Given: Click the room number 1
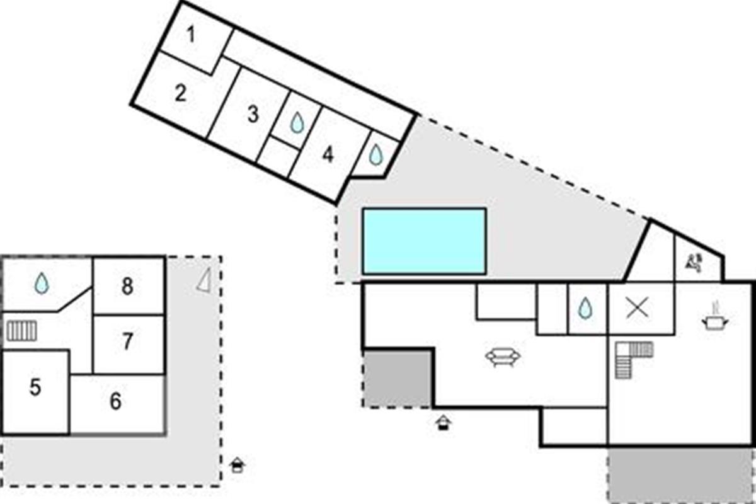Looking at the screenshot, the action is tap(191, 35).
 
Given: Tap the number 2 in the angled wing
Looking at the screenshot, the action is tap(181, 93).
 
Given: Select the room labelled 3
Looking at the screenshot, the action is tap(253, 114).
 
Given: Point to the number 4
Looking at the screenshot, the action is tap(328, 155).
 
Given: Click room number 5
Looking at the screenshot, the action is tap(35, 387).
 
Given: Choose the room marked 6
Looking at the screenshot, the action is tap(115, 401).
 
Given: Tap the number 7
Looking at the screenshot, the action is tap(127, 341).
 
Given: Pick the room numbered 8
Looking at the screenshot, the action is tap(127, 286).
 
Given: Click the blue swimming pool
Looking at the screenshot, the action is tap(424, 241).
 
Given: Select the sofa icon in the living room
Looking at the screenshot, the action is tap(503, 357).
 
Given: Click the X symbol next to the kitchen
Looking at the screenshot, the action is tap(637, 308).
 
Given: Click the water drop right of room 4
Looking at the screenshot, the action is tap(376, 155).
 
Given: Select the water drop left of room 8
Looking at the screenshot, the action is tap(42, 283).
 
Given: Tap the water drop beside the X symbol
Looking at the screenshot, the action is tap(585, 308).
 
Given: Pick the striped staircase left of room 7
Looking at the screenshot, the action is tap(21, 331).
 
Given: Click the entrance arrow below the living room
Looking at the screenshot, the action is tap(443, 423).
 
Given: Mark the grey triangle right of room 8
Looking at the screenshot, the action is tap(205, 280).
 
